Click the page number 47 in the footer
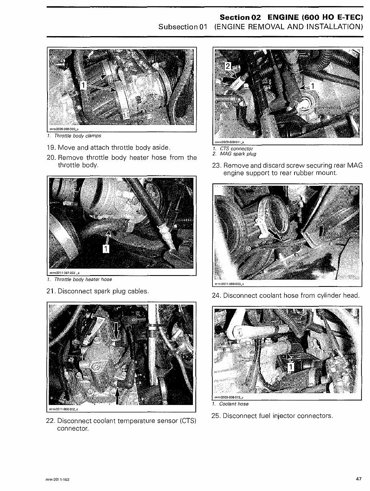tap(359, 479)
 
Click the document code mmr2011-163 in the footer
tap(58, 480)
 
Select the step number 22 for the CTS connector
tap(52, 421)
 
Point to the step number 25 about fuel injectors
tap(217, 416)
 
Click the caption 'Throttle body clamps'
tap(78, 136)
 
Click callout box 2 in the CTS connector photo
tap(229, 66)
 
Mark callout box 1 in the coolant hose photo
tap(290, 367)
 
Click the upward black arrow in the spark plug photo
tap(118, 394)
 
